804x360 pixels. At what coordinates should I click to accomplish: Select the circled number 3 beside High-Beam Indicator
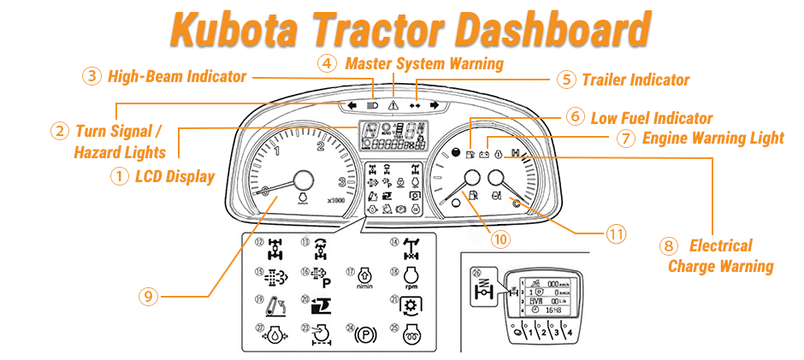[92, 76]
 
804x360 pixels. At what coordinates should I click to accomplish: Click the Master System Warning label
[423, 63]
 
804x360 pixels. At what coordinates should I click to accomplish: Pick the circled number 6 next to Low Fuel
[576, 116]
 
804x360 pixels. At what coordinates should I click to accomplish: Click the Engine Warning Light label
[712, 137]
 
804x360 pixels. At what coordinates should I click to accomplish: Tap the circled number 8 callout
[669, 246]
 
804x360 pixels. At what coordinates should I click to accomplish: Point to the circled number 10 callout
[501, 239]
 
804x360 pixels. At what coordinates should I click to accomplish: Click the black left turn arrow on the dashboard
[351, 104]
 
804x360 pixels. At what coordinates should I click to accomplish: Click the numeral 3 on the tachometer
[341, 182]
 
